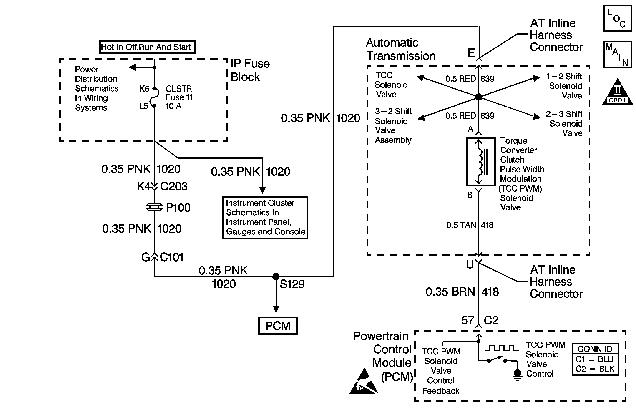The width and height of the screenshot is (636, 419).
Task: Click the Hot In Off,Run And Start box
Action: click(x=147, y=47)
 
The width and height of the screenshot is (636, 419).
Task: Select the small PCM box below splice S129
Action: click(x=278, y=326)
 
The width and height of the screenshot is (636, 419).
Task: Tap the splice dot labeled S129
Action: click(x=276, y=277)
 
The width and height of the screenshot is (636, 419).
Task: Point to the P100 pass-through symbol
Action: click(x=154, y=207)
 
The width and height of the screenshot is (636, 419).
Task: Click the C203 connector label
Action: click(x=174, y=186)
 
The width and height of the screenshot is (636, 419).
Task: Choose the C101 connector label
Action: click(x=172, y=257)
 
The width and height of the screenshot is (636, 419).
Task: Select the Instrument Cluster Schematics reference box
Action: click(x=265, y=217)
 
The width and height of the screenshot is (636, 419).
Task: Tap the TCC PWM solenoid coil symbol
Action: click(x=481, y=162)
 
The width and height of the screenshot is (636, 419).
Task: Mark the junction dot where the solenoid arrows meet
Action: click(x=479, y=97)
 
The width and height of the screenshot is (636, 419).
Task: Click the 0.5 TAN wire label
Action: click(x=461, y=225)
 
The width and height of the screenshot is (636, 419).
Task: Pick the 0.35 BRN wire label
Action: click(x=450, y=292)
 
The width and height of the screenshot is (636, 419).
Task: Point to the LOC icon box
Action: click(x=618, y=18)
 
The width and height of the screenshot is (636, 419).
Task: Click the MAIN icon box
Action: click(x=618, y=55)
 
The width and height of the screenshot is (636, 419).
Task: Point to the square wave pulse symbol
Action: click(x=502, y=348)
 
